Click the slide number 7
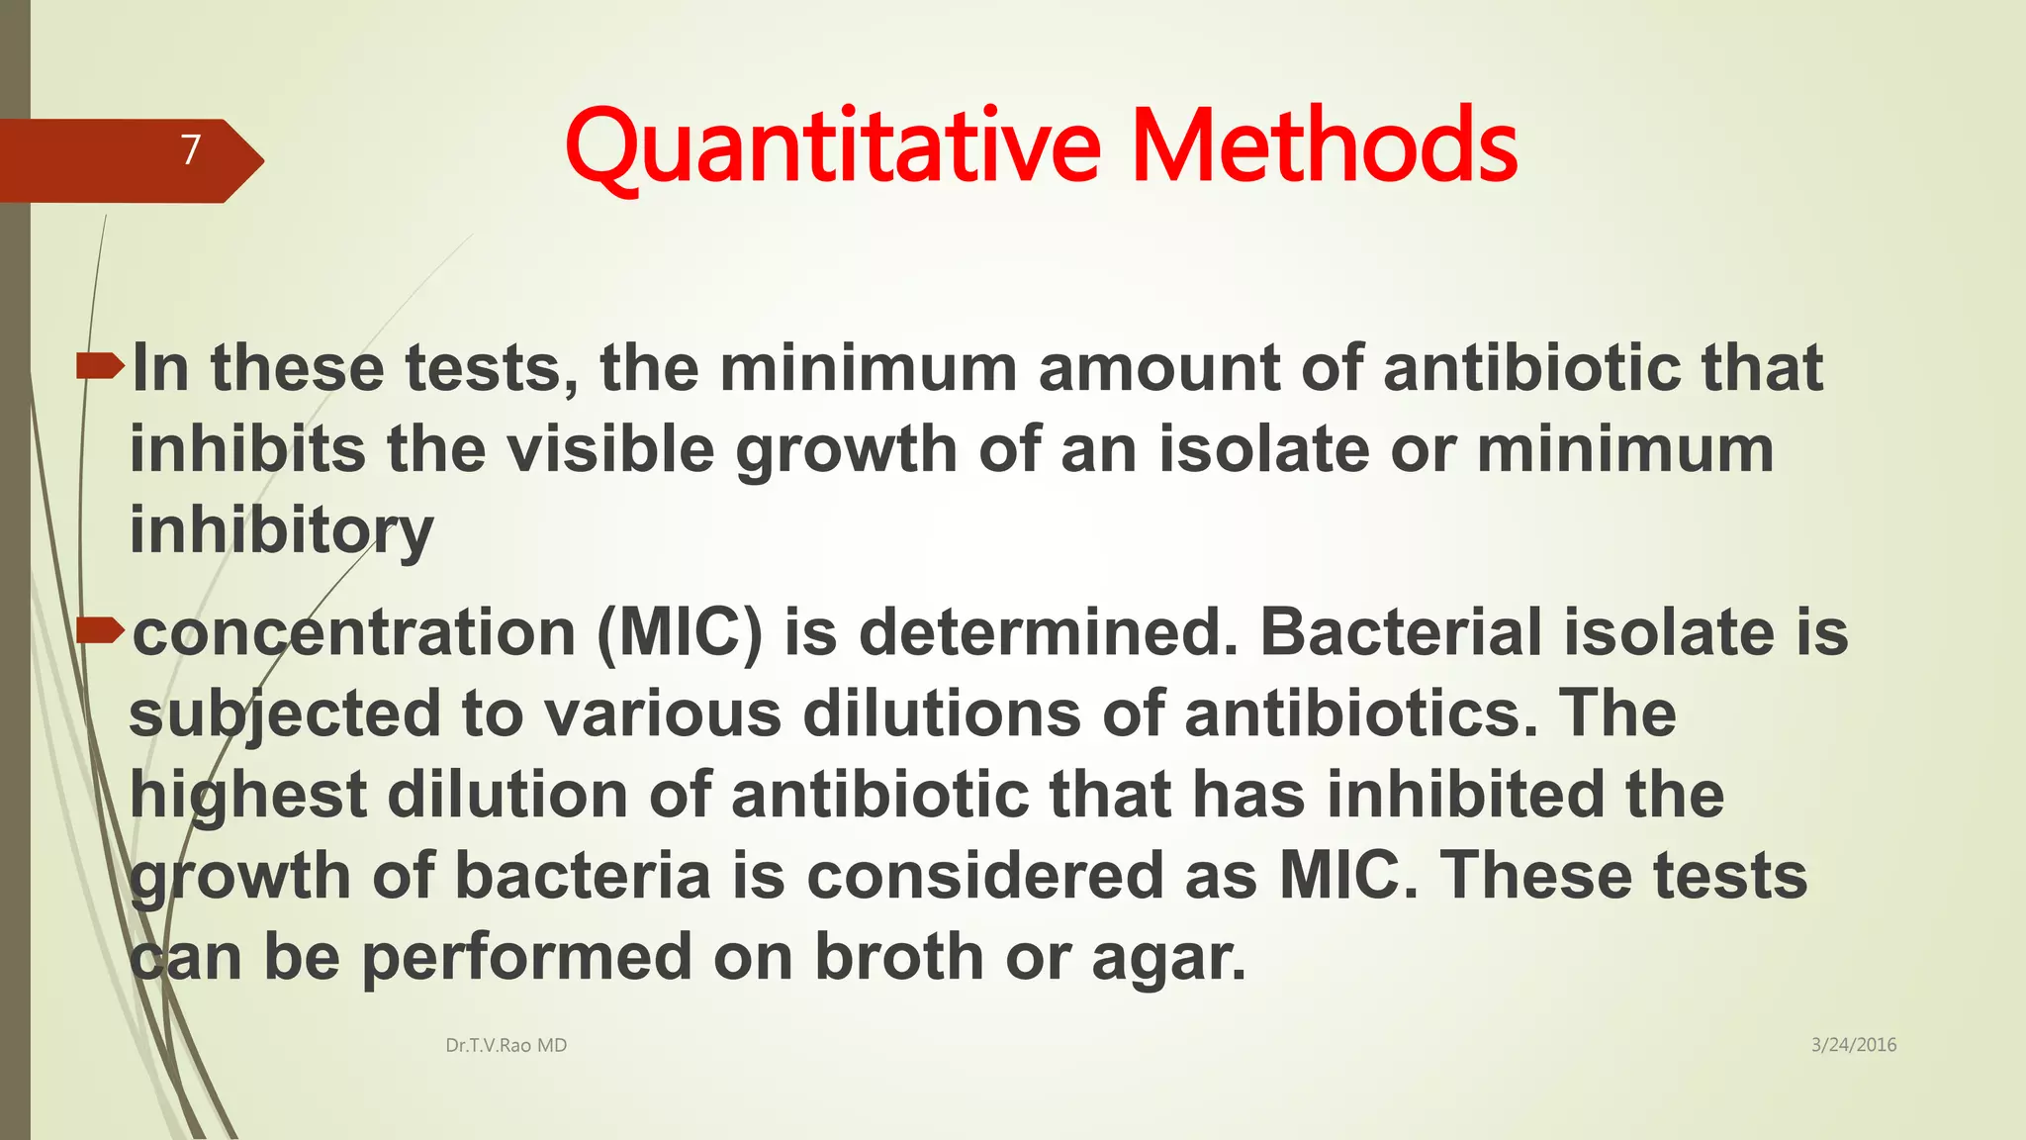[191, 149]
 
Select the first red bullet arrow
[100, 368]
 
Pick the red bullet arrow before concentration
[100, 629]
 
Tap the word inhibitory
[282, 531]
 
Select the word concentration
[354, 633]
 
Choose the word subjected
[285, 714]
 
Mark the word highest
[248, 797]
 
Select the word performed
[526, 958]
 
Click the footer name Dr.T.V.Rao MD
[506, 1045]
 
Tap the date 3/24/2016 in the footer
[1853, 1045]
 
